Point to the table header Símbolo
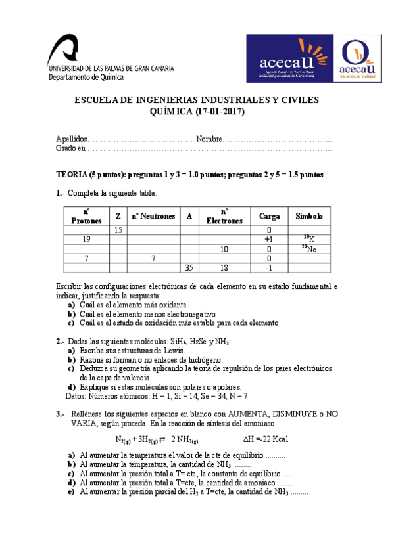tap(309, 216)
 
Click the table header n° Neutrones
tap(153, 216)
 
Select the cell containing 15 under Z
tap(118, 231)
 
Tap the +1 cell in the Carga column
tap(268, 240)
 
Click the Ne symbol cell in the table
tap(309, 249)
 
